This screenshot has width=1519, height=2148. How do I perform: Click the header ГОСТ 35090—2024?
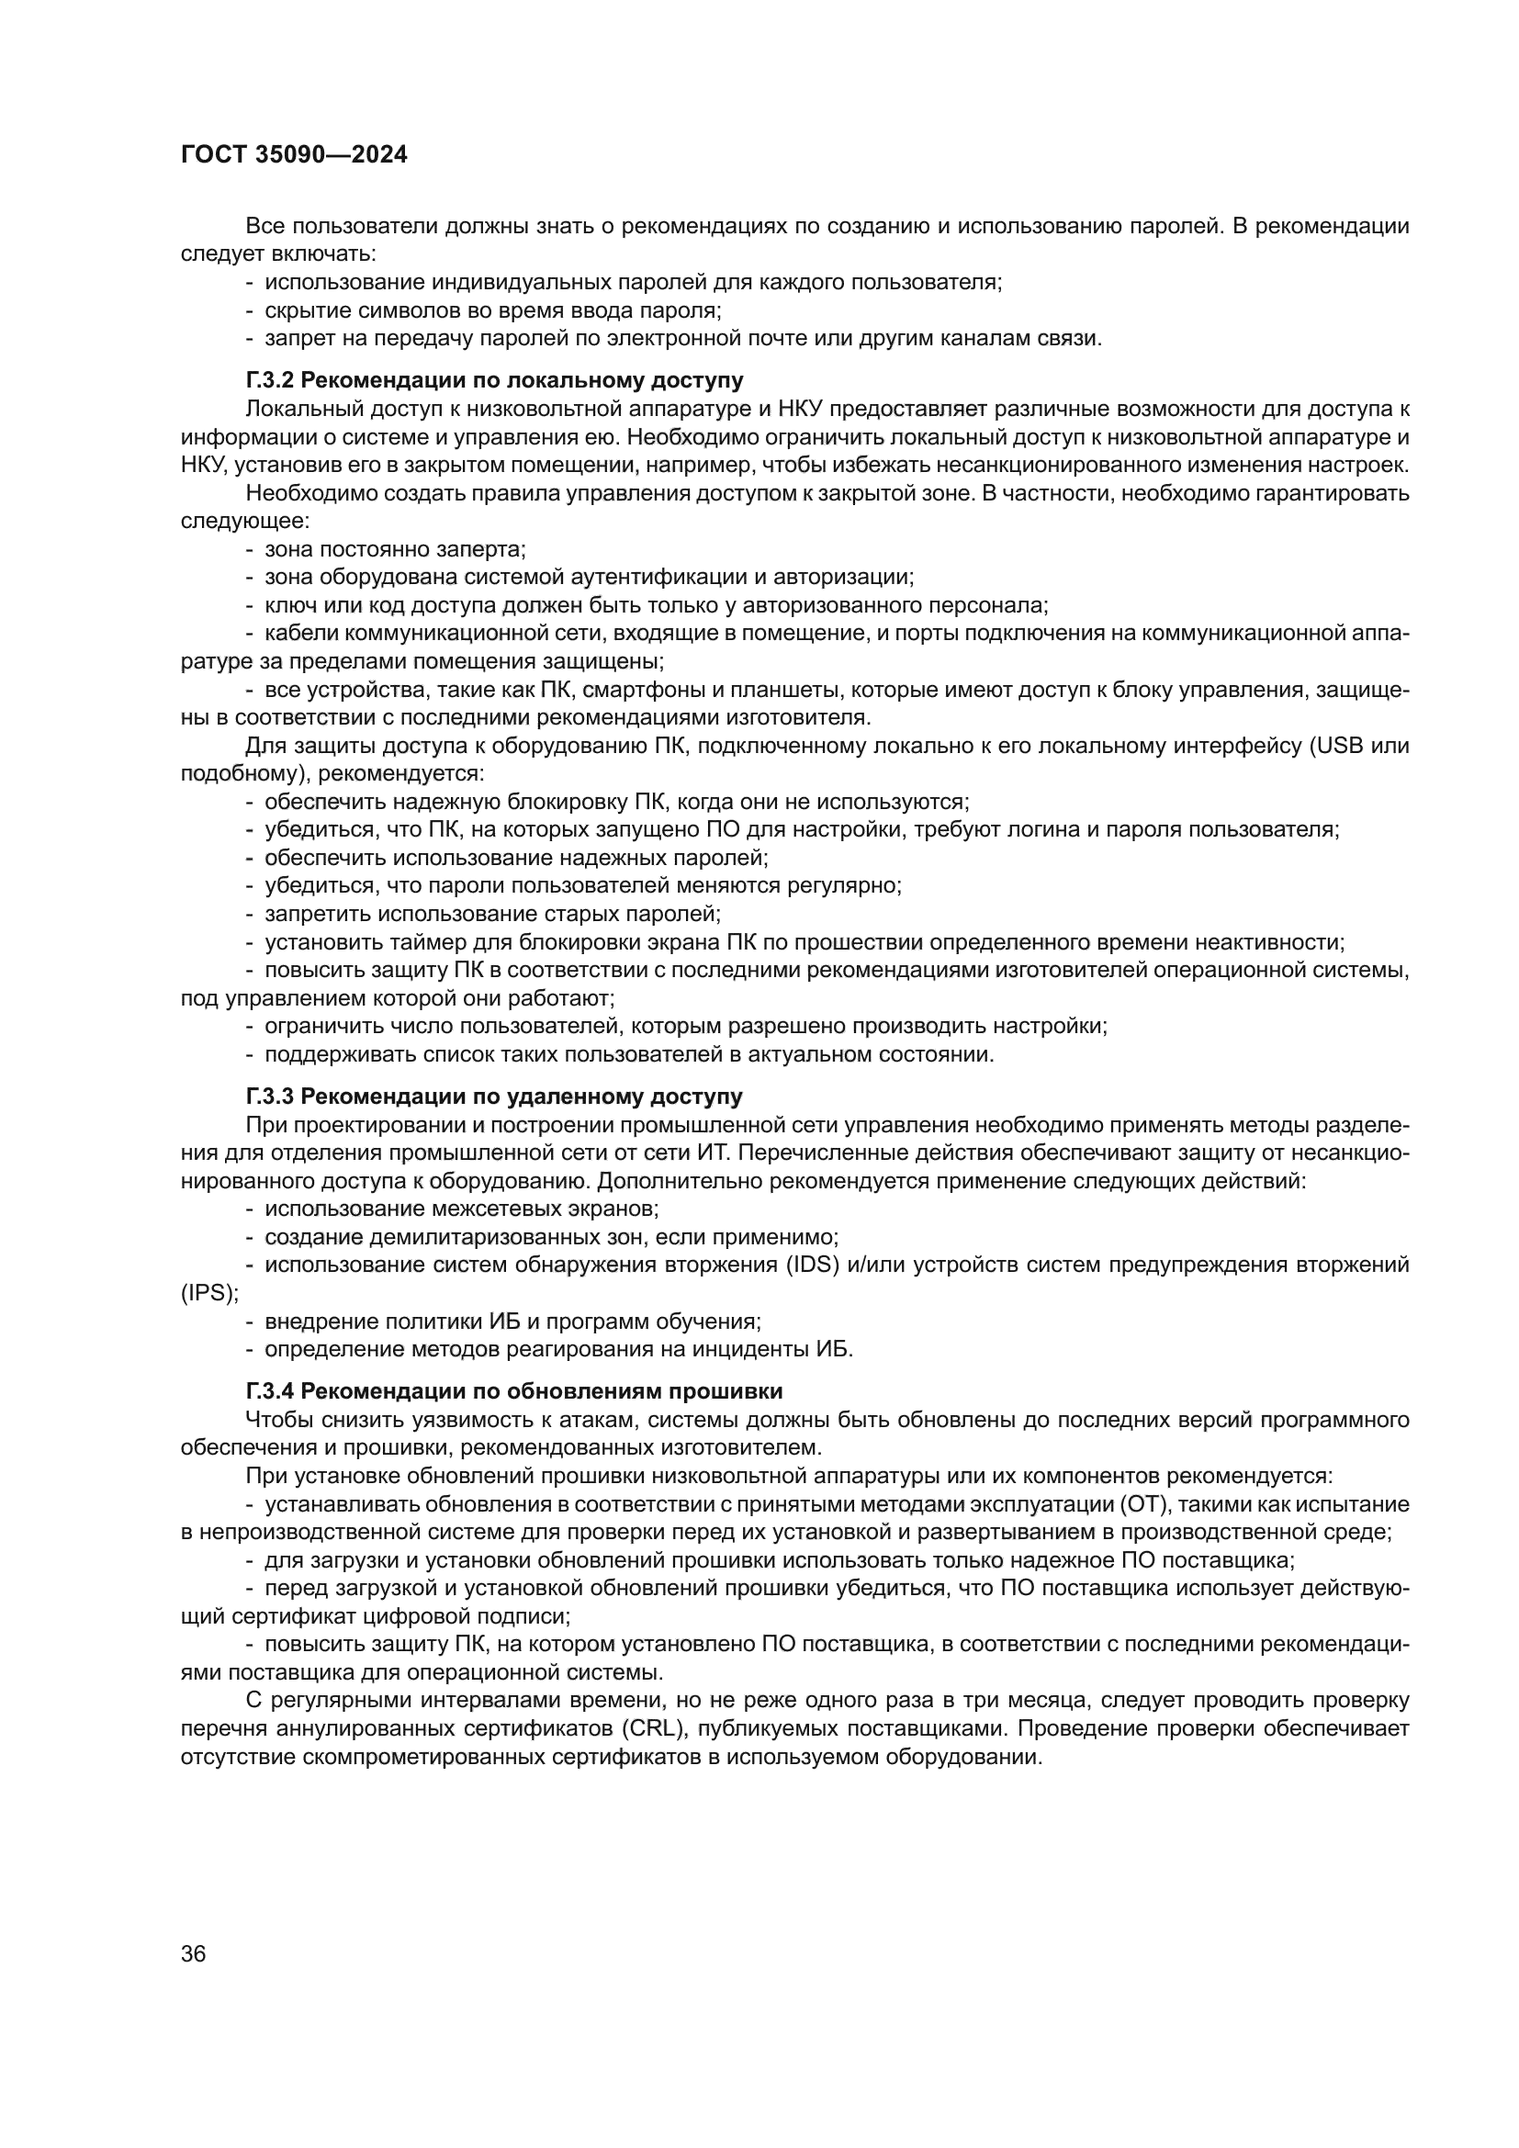[294, 155]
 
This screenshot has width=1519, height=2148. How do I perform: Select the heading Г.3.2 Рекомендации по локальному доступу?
[495, 381]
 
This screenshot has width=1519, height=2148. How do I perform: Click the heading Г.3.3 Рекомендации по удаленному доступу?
[494, 1096]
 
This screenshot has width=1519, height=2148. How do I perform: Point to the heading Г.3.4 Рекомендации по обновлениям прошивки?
[513, 1391]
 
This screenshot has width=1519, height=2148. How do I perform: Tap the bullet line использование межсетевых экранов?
[461, 1209]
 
